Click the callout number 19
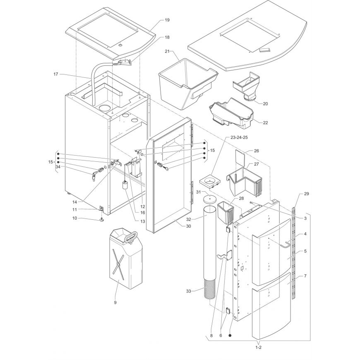pos(167,20)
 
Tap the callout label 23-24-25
pos(233,137)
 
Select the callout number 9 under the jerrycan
pos(115,302)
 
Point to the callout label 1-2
pos(259,347)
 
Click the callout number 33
pos(189,291)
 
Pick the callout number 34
pos(58,167)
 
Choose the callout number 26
pos(257,151)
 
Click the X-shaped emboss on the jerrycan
pos(118,264)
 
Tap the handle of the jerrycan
pos(130,236)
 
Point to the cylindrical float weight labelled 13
pos(125,185)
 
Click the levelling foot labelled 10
pos(102,220)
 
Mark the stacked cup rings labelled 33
pos(209,290)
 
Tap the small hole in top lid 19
pos(120,45)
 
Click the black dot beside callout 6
pos(230,336)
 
